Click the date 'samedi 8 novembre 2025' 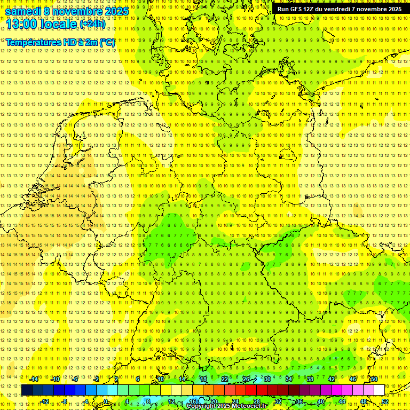point(67,11)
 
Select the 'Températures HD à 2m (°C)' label point(60,42)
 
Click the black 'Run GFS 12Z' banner point(340,9)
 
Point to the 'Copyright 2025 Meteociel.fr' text point(226,406)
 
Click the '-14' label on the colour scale point(34,379)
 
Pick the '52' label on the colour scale point(385,401)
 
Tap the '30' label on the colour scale point(267,379)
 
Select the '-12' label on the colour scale point(45,401)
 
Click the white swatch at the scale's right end point(379,390)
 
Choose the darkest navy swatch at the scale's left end point(27,390)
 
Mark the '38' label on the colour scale point(310,379)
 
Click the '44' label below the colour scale point(342,401)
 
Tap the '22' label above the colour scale point(225,379)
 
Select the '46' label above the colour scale point(353,379)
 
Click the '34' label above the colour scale point(289,379)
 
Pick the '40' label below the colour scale point(321,401)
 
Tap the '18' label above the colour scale point(203,379)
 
